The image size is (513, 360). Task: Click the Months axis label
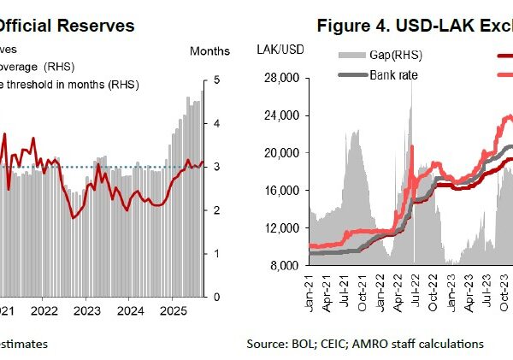(x=209, y=52)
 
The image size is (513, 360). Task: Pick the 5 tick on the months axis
(x=217, y=80)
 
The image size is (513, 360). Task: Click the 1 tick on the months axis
(x=217, y=253)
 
